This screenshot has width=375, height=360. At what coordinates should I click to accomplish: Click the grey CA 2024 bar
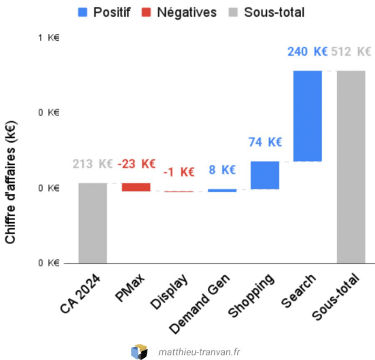click(93, 223)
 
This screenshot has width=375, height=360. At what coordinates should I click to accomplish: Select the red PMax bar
click(136, 187)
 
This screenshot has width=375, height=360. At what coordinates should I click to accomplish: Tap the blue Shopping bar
click(265, 175)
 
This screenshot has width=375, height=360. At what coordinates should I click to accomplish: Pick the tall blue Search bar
click(308, 116)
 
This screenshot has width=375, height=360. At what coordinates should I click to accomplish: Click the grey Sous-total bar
click(351, 167)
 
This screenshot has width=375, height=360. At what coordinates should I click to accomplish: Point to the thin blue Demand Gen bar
click(222, 190)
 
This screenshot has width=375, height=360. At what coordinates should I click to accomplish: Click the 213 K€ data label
click(92, 164)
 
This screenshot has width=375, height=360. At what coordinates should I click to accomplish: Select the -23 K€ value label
click(137, 164)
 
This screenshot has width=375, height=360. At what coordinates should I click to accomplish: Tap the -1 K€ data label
click(179, 172)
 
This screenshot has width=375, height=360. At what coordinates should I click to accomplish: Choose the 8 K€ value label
click(222, 170)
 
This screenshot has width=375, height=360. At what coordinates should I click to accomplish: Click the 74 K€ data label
click(265, 142)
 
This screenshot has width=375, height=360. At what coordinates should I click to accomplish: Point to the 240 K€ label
click(308, 52)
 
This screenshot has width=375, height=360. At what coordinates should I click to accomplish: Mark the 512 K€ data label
click(351, 52)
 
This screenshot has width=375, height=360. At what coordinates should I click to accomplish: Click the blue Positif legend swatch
click(83, 12)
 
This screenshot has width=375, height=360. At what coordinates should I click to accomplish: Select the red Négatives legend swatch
click(146, 12)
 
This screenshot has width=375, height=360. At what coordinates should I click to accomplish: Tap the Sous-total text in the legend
click(274, 12)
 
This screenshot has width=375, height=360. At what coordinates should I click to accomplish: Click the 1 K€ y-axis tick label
click(48, 38)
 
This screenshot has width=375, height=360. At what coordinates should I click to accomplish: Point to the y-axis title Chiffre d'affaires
click(10, 182)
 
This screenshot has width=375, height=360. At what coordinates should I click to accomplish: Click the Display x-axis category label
click(169, 291)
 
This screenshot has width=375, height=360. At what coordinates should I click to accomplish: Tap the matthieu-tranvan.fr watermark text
click(199, 352)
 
